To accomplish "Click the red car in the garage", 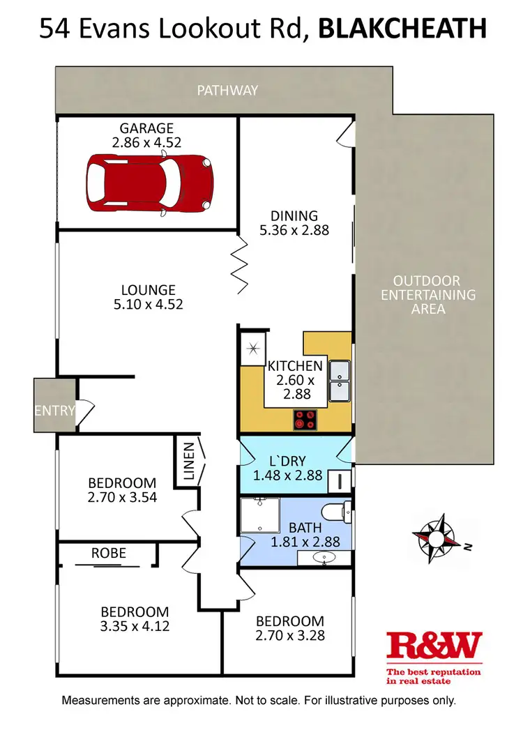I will click(149, 185).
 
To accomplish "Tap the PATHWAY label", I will click(227, 90).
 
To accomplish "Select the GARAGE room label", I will click(146, 128).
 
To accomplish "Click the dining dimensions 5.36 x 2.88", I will click(294, 229).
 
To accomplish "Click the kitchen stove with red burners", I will click(305, 420).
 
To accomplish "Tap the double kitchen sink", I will click(340, 382).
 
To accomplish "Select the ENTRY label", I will click(54, 410).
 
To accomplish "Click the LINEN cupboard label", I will click(188, 462).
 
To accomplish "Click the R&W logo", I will click(434, 646).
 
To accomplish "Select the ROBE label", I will click(109, 553).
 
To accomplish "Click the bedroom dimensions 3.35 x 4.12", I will click(134, 625).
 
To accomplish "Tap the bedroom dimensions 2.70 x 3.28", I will click(289, 635).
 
